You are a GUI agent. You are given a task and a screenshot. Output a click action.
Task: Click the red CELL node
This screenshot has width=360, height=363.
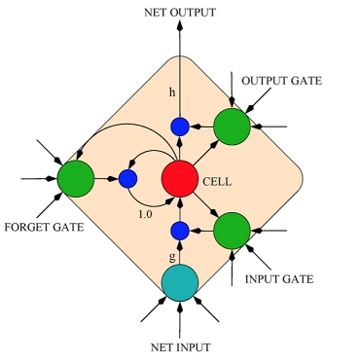click(179, 179)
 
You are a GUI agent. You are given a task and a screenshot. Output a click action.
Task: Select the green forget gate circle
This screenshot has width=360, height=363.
click(75, 179)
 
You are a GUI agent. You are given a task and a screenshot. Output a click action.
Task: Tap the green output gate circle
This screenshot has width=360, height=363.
click(232, 127)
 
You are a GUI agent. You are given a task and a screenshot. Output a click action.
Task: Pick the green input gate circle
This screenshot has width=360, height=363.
click(232, 231)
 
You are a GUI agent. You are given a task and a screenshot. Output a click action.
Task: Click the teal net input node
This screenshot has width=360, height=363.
click(179, 282)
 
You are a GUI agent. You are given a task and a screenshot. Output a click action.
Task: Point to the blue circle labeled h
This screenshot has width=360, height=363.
click(179, 127)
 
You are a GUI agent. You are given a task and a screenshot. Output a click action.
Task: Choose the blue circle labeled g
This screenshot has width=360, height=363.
click(179, 231)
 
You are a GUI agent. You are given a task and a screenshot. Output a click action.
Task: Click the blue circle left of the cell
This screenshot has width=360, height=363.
click(127, 179)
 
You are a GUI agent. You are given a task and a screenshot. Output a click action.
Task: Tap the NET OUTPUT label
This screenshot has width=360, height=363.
click(179, 13)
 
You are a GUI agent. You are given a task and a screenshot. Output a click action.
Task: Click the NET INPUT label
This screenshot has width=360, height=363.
click(179, 346)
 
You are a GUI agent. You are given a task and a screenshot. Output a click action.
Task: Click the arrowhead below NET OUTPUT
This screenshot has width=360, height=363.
click(179, 28)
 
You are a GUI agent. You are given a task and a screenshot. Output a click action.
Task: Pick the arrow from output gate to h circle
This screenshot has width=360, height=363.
click(200, 127)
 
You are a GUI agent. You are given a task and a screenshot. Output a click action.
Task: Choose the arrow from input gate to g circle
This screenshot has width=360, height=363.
click(200, 231)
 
